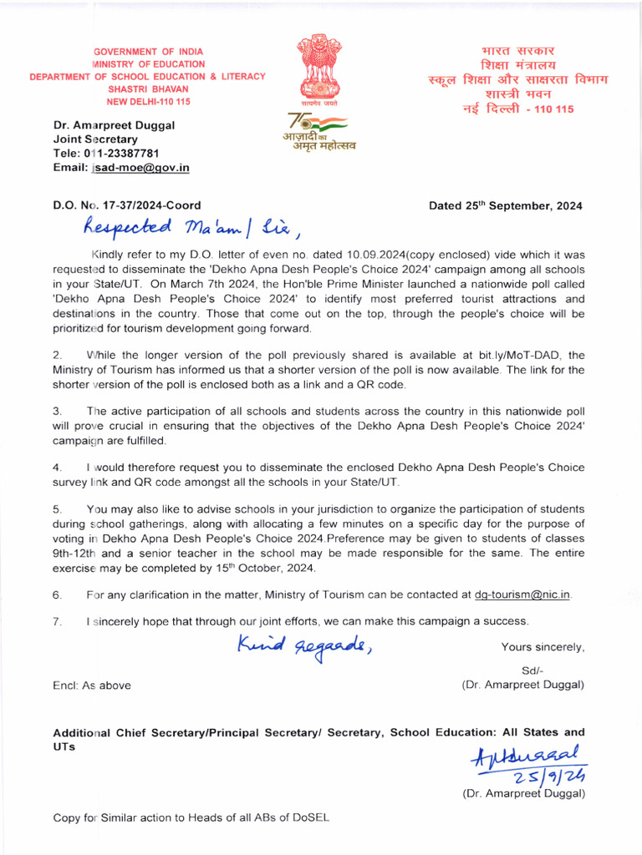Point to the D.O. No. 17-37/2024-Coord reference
[x=126, y=205]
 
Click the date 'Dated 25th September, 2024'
[x=505, y=205]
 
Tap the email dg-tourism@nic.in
[x=522, y=594]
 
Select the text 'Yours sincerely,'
[x=543, y=647]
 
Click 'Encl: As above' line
[x=92, y=686]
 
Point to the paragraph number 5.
[x=57, y=508]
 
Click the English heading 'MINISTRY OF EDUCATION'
[x=148, y=63]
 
